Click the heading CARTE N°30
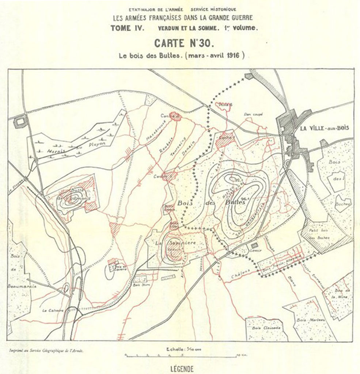click(x=182, y=43)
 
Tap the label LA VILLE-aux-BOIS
click(x=324, y=128)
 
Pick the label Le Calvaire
click(x=53, y=310)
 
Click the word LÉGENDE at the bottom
click(x=182, y=369)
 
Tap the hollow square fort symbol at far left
click(x=20, y=121)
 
